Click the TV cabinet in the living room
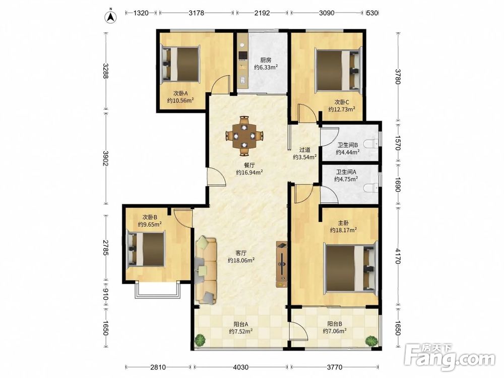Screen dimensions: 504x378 click(x=282, y=265)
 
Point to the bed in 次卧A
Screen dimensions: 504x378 click(x=180, y=64)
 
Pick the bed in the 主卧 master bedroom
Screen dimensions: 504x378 click(x=350, y=268)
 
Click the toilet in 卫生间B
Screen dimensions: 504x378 click(x=374, y=145)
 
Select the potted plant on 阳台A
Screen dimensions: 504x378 click(x=200, y=340)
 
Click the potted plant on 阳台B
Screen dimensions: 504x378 click(x=371, y=341)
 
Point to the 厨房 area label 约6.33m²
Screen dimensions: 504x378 click(x=266, y=67)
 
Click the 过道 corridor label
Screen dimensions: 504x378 click(x=305, y=150)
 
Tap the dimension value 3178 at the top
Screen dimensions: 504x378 click(x=197, y=13)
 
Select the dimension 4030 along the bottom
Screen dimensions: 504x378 click(x=240, y=367)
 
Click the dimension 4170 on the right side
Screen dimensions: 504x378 click(x=398, y=256)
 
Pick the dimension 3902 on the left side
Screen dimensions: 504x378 click(x=105, y=158)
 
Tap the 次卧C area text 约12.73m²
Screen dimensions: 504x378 click(x=342, y=109)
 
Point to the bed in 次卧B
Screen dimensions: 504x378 click(x=146, y=249)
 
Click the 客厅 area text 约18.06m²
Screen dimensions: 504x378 click(x=241, y=260)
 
